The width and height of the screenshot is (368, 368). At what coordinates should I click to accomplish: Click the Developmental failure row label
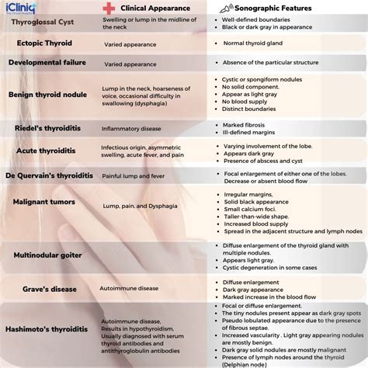[x=48, y=64]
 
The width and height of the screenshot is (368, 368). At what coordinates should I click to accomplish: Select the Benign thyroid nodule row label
[x=48, y=95]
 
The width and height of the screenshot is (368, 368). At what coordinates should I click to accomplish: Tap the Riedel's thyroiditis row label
[x=47, y=127]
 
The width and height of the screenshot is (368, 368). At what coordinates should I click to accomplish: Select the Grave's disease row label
[x=49, y=289]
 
